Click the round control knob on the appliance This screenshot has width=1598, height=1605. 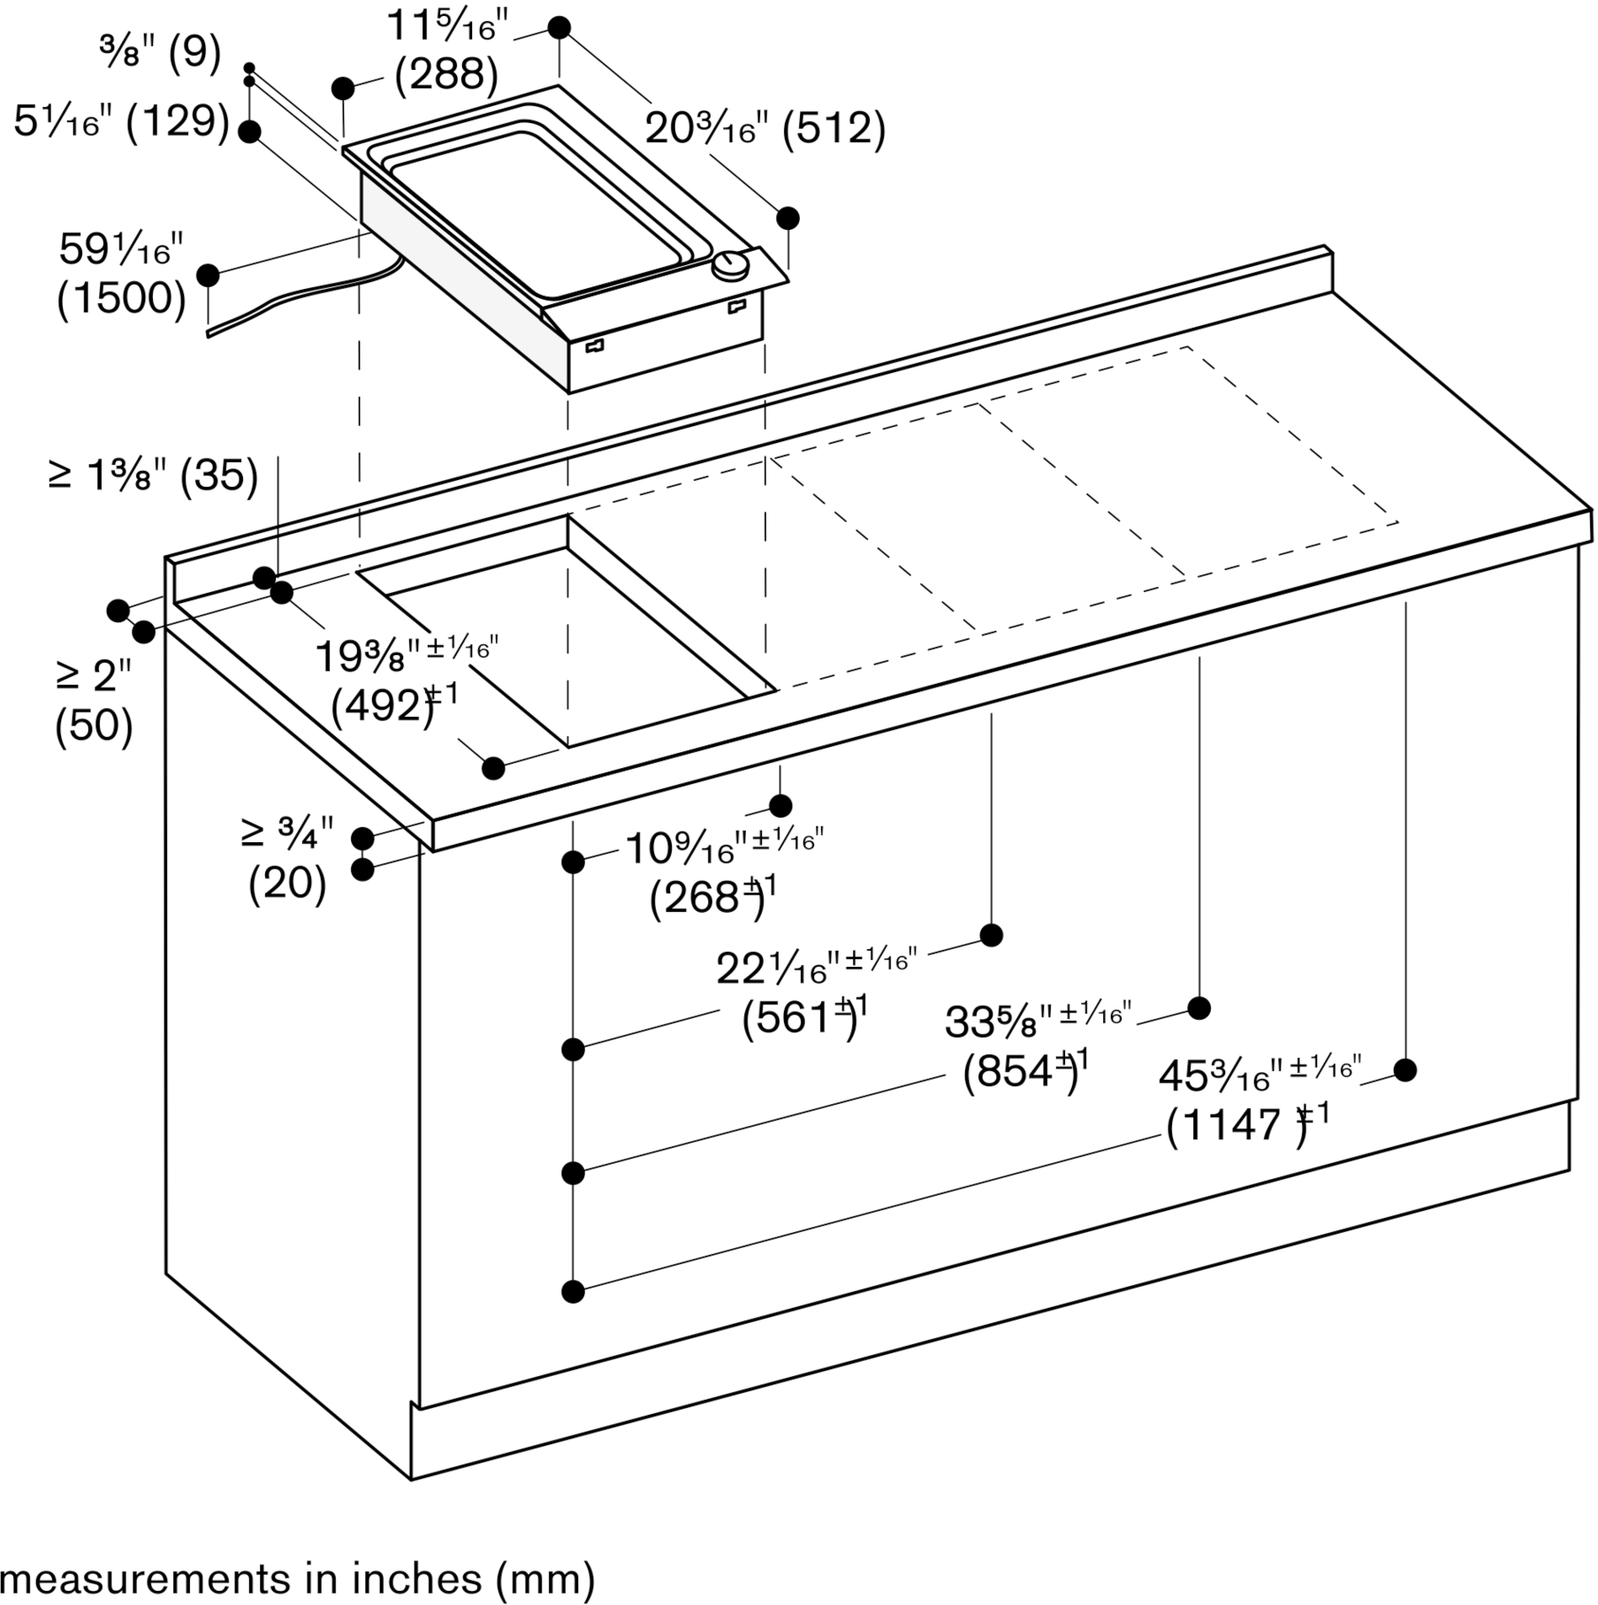coord(731,265)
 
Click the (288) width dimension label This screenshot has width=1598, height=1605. coord(446,74)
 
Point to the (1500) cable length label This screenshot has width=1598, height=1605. coord(122,299)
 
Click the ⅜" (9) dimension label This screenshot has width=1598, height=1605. coord(160,52)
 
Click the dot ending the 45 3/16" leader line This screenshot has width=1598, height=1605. coord(1405,1070)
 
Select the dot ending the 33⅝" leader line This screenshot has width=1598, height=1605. coord(1198,1008)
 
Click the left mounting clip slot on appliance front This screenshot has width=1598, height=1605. coord(594,346)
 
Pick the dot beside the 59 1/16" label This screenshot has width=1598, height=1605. coord(209,275)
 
